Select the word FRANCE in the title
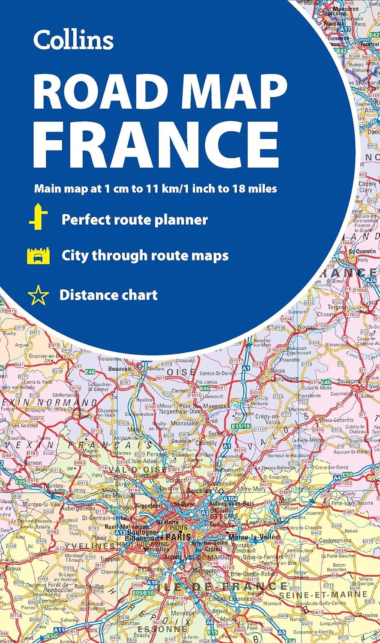[156, 137]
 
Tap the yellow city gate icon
[38, 256]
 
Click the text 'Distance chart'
[108, 295]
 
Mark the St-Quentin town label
[359, 251]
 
